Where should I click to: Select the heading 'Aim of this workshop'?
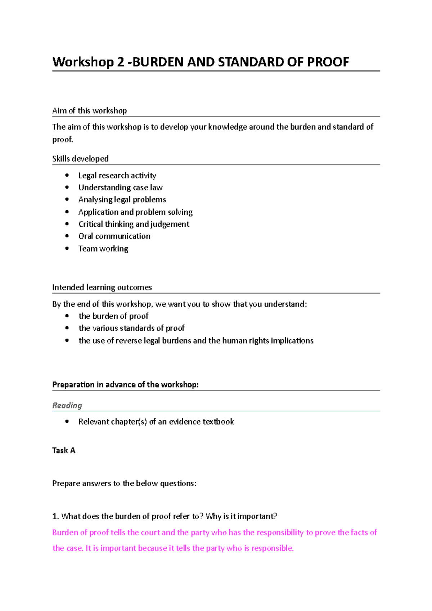89,111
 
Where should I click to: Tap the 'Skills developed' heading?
80,159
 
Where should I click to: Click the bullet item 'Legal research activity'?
117,176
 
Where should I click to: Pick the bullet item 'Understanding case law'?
120,187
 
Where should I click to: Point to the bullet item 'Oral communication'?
114,236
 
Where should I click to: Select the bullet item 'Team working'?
103,249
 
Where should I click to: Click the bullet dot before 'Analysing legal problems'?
67,199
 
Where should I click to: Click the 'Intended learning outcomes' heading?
102,288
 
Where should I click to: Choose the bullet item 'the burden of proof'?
113,316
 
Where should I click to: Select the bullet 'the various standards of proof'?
131,328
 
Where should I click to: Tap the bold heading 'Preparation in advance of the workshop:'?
125,385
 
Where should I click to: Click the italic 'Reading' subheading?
67,406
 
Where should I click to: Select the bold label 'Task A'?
64,451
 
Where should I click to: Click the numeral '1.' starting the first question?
55,516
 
